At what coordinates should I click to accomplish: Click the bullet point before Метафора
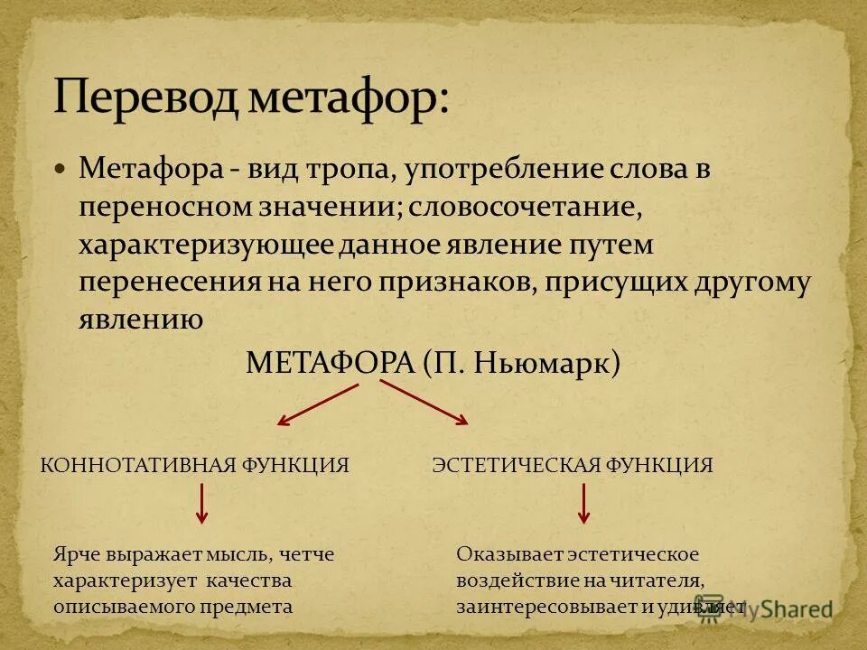pos(61,168)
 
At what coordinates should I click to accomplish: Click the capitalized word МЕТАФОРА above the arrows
pos(330,364)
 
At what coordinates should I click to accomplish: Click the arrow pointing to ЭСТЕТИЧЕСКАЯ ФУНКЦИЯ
pos(424,403)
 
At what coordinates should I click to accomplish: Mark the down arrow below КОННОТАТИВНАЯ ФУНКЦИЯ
pos(201,504)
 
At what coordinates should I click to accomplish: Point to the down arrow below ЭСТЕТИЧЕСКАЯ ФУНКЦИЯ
pos(583,504)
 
